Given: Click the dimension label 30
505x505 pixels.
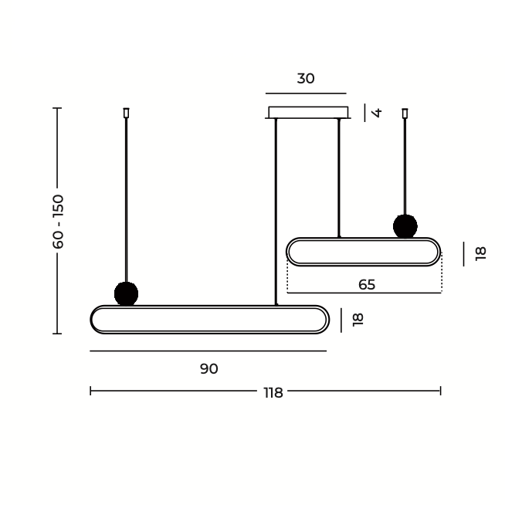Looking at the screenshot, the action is tap(306, 79).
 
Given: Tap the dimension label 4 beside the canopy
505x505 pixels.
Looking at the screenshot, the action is tap(377, 113).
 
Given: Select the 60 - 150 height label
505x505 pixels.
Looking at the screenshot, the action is tap(58, 222).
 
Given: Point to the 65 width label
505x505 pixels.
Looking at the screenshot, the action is tap(367, 285).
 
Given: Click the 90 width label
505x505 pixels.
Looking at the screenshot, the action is tap(209, 369).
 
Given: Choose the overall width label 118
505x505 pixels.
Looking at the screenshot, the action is tap(273, 393).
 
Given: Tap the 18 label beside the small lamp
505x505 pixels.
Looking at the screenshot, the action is tap(480, 253).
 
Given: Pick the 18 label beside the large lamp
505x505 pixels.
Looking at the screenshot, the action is tap(358, 320).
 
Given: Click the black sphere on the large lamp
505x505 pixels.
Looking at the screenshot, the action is tap(127, 293).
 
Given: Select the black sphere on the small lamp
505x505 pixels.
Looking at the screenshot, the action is tap(405, 226).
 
